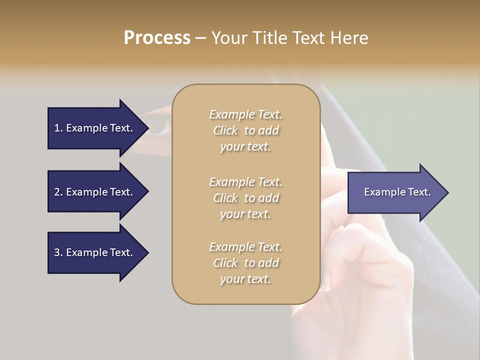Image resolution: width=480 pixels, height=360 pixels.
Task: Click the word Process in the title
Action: tap(157, 38)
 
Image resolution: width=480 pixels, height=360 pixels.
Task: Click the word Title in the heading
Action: tap(268, 38)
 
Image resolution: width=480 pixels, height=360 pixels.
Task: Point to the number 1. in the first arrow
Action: tap(58, 128)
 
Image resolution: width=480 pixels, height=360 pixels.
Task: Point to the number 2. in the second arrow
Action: tap(58, 192)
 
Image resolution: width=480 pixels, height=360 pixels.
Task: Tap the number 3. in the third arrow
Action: tap(58, 252)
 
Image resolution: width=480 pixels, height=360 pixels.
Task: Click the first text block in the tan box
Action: tap(245, 130)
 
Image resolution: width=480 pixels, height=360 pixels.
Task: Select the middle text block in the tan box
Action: tap(245, 198)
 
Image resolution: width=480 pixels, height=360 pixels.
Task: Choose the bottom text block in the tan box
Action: tap(245, 263)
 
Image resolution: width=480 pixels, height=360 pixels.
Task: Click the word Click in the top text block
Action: tap(225, 130)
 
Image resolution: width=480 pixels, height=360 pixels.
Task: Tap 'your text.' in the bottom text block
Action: tap(245, 279)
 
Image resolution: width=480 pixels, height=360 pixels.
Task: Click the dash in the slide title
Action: tap(200, 38)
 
